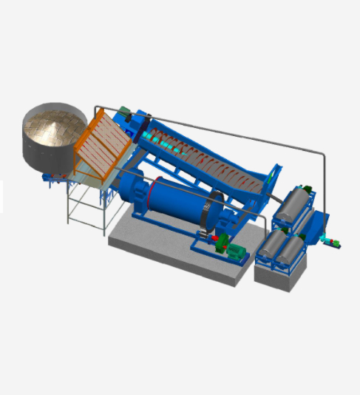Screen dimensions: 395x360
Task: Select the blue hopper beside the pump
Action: coord(317,225)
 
